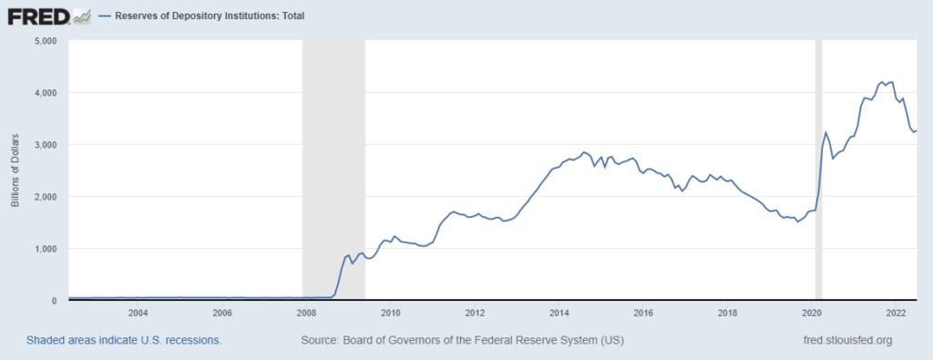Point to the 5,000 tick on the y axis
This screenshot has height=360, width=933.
click(45, 41)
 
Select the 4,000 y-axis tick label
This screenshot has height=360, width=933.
click(45, 93)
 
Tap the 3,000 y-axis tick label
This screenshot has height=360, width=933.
click(45, 145)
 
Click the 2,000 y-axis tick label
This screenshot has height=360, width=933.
click(45, 197)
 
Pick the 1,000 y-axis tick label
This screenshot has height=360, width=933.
click(45, 249)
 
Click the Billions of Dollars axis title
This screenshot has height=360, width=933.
click(15, 170)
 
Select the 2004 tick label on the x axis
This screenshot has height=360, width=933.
click(138, 314)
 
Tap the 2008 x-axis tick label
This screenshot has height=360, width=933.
click(306, 314)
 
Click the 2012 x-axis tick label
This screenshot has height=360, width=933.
click(475, 314)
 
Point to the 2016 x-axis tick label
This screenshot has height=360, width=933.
click(643, 314)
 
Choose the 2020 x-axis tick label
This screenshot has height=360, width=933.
click(812, 314)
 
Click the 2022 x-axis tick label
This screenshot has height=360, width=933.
click(896, 314)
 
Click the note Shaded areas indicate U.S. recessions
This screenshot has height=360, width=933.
click(124, 340)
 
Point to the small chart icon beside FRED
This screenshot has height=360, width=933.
click(82, 15)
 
